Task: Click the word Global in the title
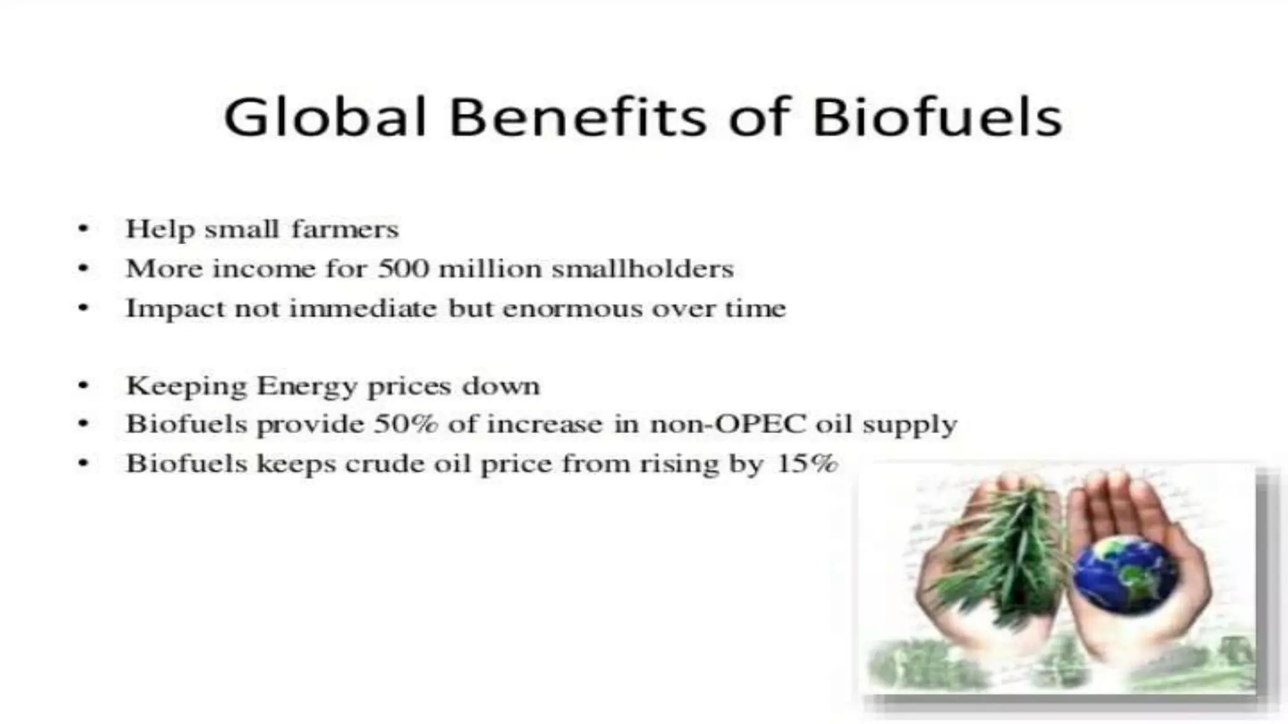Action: pyautogui.click(x=325, y=117)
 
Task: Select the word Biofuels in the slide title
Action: pyautogui.click(x=937, y=117)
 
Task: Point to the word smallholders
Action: pyautogui.click(x=642, y=269)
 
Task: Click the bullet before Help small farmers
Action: pyautogui.click(x=83, y=229)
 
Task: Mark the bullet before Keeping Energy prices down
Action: pyautogui.click(x=83, y=386)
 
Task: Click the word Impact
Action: pyautogui.click(x=175, y=309)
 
